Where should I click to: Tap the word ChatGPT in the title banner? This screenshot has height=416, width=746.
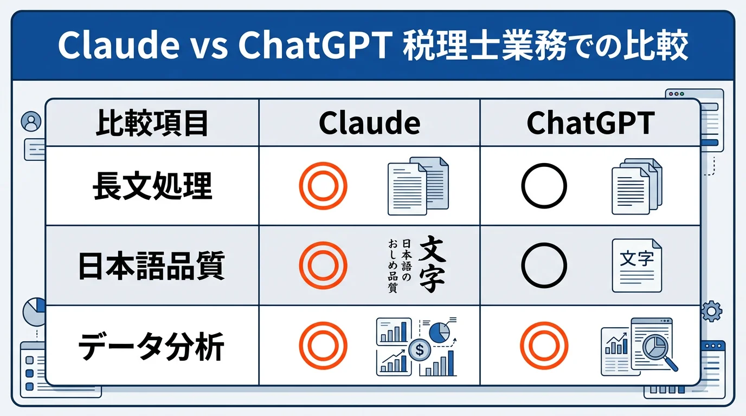coord(315,47)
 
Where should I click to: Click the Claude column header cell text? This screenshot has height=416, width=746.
coord(369,123)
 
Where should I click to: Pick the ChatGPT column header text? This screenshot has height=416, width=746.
coord(590,123)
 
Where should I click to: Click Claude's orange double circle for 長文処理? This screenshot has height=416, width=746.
coord(323,186)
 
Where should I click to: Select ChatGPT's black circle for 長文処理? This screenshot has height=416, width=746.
coord(544,186)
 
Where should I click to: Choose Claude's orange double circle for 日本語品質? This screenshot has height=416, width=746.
coord(323,265)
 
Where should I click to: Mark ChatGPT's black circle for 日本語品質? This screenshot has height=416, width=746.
coord(544,265)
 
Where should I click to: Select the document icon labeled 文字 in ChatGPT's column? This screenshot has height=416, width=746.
coord(636,265)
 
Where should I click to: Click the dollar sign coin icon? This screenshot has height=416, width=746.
coord(420,350)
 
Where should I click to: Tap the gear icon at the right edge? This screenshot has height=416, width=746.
coord(711,312)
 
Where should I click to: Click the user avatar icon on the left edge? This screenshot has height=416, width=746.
coord(31,121)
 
